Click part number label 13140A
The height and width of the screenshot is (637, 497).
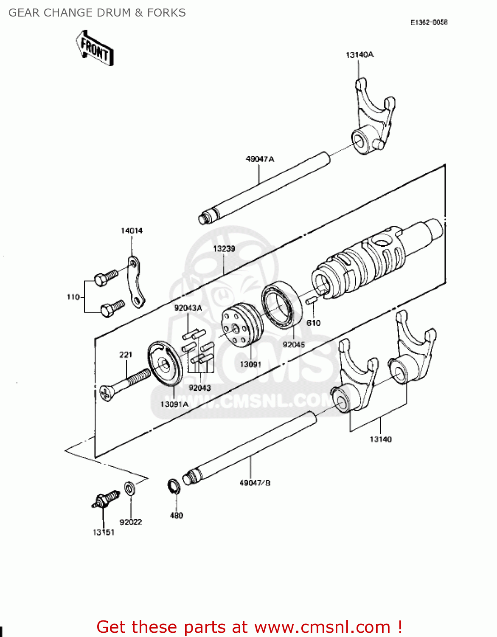[x=359, y=55]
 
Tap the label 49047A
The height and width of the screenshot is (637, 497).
[x=260, y=159]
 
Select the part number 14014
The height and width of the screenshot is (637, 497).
[x=132, y=231]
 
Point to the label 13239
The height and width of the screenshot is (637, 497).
[x=224, y=248]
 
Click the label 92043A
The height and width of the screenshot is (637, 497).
[x=188, y=308]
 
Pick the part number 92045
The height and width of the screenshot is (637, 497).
[x=294, y=345]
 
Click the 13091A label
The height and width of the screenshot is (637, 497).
[x=174, y=404]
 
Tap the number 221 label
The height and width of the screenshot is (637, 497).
[x=126, y=355]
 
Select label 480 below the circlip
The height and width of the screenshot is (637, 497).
[x=176, y=516]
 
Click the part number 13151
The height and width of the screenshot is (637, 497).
[x=104, y=532]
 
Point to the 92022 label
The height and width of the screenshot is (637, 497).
[x=131, y=522]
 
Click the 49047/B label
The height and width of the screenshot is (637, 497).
[x=255, y=483]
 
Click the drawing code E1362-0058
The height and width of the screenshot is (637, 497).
[x=429, y=22]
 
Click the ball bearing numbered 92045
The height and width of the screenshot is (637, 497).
[x=281, y=304]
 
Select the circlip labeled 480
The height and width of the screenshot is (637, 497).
[x=174, y=487]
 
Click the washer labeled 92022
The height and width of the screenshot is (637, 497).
[x=129, y=488]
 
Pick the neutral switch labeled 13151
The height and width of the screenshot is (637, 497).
[x=105, y=499]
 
